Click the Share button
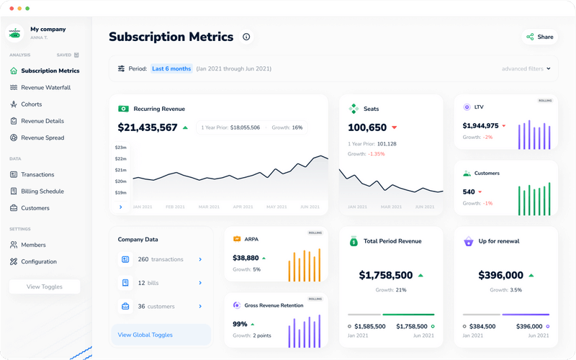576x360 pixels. tap(539, 37)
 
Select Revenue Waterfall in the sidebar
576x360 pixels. tap(45, 87)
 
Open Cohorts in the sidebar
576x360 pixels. tap(31, 104)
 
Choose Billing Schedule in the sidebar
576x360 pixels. tap(42, 192)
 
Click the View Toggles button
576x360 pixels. tap(45, 287)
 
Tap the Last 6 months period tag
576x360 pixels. tap(171, 69)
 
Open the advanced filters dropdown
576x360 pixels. tap(526, 69)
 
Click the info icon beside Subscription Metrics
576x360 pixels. tap(246, 37)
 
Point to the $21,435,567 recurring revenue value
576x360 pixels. tap(148, 127)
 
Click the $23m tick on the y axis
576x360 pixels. tap(120, 148)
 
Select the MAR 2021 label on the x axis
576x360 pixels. tap(208, 207)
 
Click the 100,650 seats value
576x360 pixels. tap(367, 127)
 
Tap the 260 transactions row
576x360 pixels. tap(161, 259)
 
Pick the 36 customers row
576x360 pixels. tap(161, 306)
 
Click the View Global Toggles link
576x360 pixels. tap(145, 335)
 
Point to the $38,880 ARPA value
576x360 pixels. tap(246, 258)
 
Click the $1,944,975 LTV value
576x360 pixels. tap(480, 126)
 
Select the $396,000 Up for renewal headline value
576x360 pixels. tap(501, 275)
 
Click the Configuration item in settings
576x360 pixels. tap(39, 262)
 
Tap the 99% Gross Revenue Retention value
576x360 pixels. tap(240, 324)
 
